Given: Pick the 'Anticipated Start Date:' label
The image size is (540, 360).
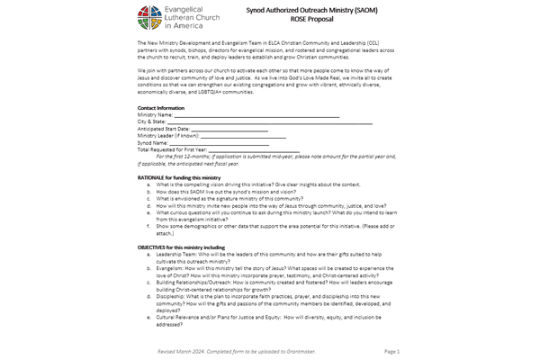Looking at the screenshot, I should pos(163,129).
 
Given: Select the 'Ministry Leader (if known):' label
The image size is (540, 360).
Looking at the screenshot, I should pos(168,136).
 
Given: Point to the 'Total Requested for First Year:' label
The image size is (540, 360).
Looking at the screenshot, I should pos(172,149).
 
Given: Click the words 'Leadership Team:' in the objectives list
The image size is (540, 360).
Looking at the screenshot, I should pos(171,254).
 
